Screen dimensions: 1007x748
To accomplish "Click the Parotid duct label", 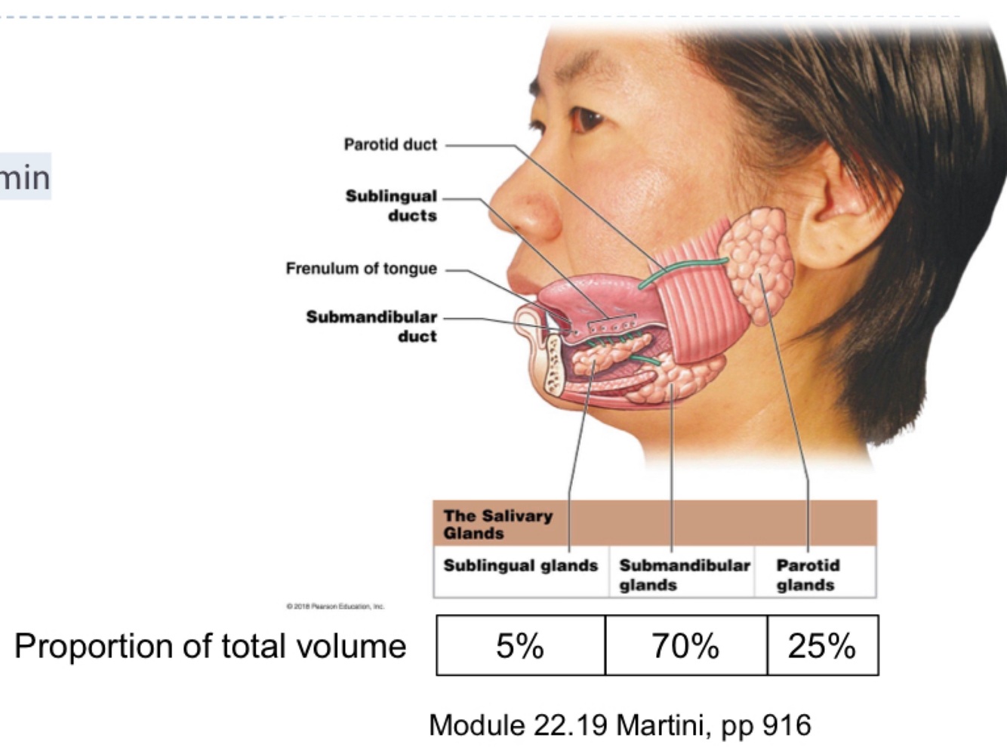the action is point(390,144).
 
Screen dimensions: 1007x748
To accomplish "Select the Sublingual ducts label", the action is point(391,205).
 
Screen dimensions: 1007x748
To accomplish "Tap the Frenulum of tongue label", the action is point(361,269).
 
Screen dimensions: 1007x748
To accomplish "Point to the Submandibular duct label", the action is point(371,326).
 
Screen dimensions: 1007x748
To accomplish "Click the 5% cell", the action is point(520,645).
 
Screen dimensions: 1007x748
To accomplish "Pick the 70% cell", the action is point(685,645).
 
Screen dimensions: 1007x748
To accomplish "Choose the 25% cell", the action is point(822,645).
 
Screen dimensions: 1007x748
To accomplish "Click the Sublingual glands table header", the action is point(520,566).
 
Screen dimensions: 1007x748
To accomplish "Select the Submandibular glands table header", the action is point(684,574).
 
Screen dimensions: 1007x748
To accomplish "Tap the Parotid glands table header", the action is point(807,574).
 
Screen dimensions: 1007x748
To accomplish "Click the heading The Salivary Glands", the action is point(497,525).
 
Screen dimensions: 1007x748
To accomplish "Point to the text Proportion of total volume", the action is point(210,646).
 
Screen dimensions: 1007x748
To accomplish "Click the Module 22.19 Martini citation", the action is point(620,725).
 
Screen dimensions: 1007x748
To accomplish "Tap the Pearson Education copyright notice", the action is point(335,606).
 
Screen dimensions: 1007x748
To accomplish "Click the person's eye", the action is point(587,119).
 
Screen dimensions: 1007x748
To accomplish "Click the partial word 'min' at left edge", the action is point(24,177).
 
